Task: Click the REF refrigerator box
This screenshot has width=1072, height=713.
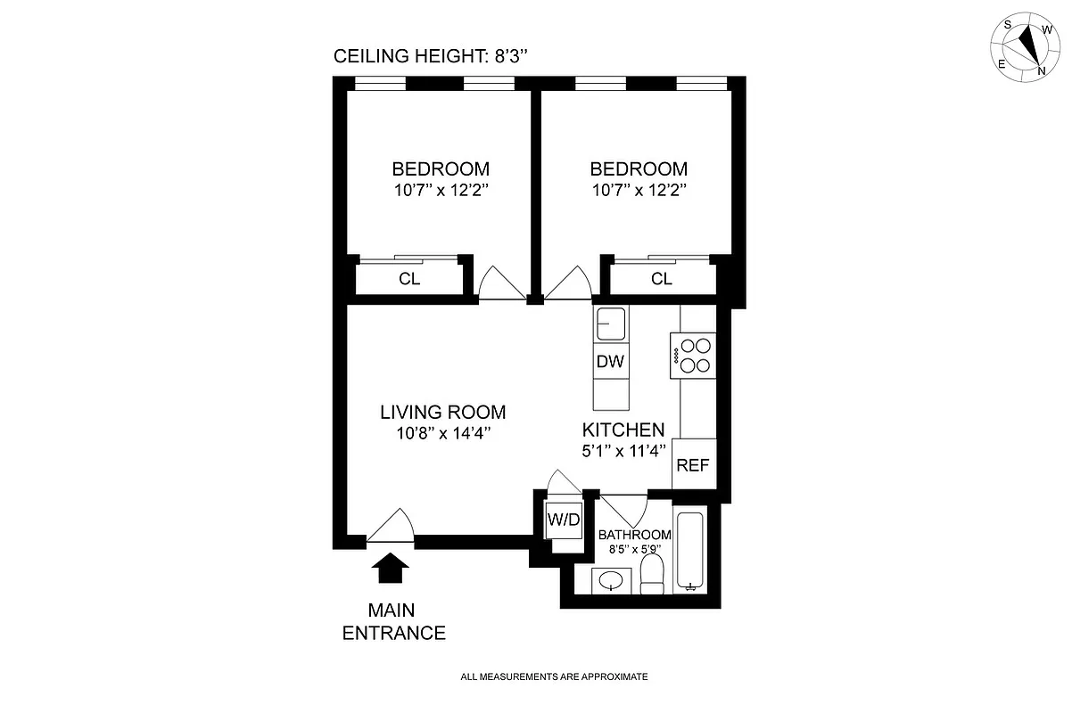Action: (694, 464)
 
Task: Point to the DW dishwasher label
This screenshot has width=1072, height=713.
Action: (610, 362)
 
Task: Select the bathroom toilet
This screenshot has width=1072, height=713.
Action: (653, 576)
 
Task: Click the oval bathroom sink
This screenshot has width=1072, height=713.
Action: (611, 582)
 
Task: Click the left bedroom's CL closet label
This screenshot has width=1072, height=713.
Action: (409, 279)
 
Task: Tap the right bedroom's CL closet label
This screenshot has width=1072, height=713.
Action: (661, 279)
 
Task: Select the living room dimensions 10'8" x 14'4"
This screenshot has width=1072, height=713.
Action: (443, 433)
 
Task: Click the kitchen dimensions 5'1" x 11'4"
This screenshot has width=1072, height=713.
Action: (623, 451)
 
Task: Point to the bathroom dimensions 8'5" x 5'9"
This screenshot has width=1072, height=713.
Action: (635, 549)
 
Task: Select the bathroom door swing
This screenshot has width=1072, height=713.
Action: (624, 511)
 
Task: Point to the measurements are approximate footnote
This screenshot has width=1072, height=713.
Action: (554, 676)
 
